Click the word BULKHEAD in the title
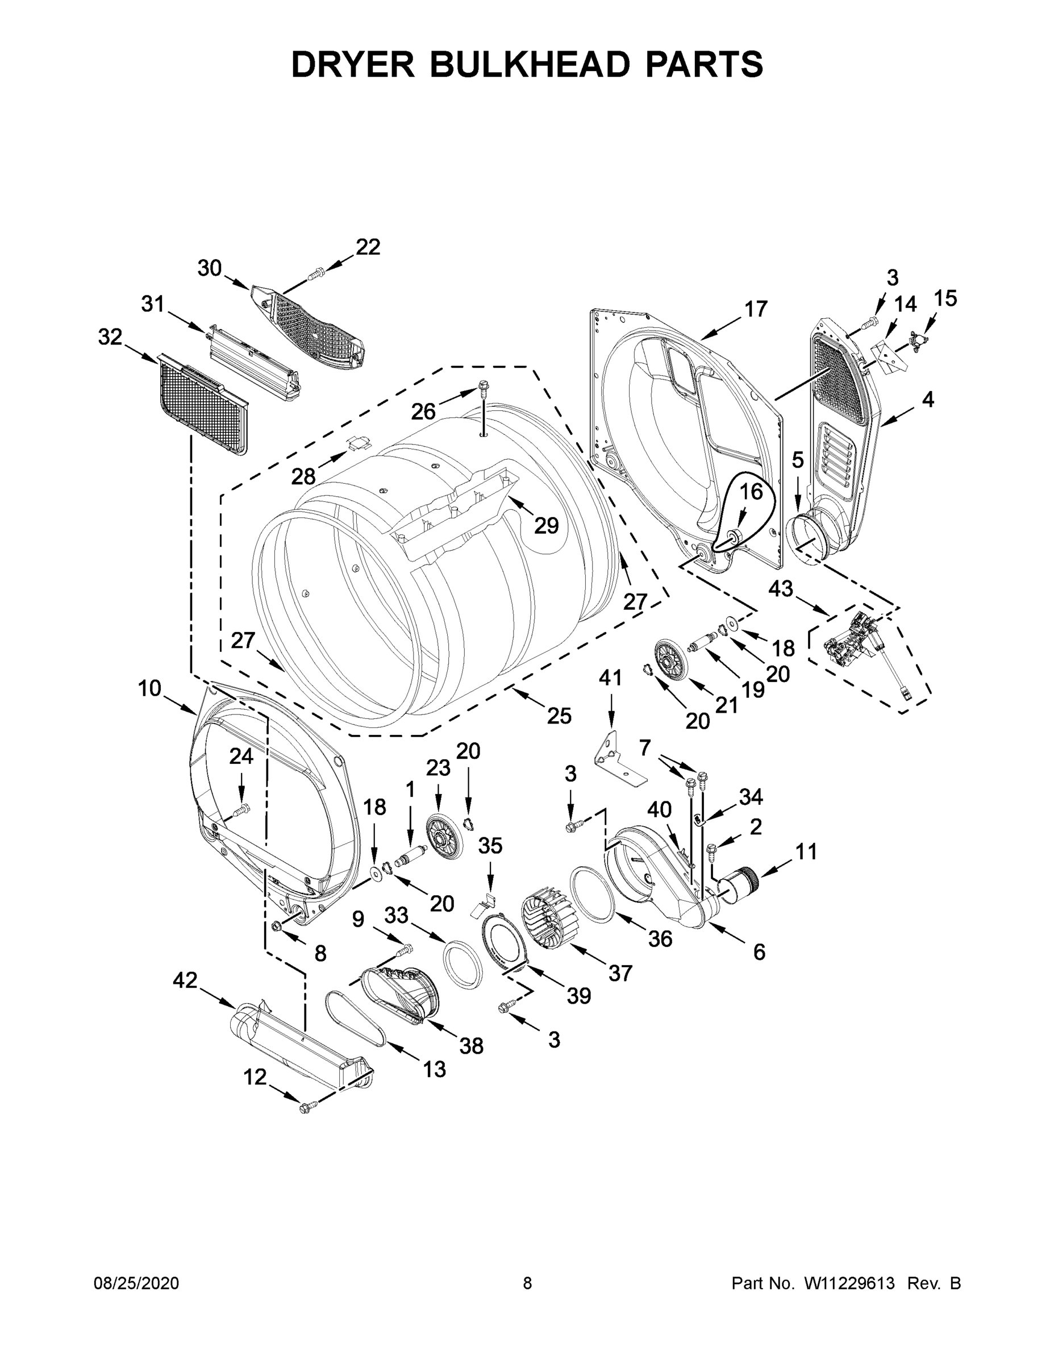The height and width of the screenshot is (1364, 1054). pos(528,65)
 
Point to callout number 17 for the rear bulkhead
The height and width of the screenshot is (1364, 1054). pos(756,309)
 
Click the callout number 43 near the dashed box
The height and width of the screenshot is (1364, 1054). pos(781,588)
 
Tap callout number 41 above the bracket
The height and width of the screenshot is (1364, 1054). pos(611,677)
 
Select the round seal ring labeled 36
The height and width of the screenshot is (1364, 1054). pos(594,892)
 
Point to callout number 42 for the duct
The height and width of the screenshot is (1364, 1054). pos(185,980)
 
